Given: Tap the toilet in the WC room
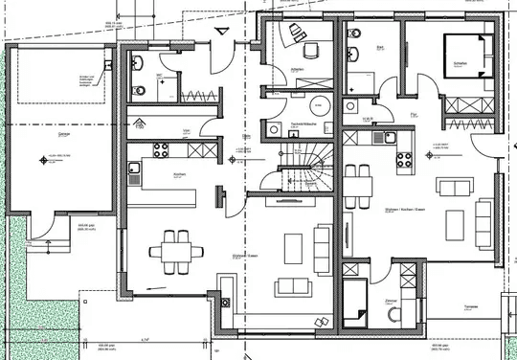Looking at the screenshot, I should (141, 90).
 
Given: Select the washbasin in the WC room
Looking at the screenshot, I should (141, 64).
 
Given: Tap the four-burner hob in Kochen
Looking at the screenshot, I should (160, 149).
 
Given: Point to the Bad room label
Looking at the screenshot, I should (379, 46).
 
